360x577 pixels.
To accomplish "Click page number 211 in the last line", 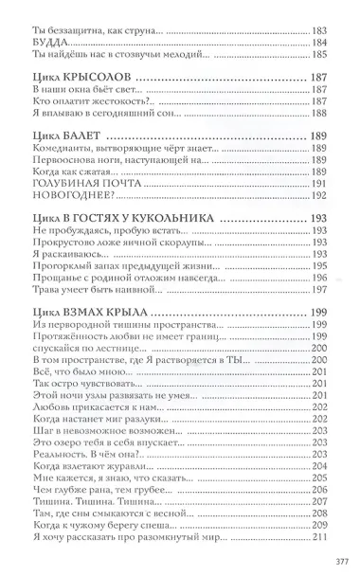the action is tap(319, 539).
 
